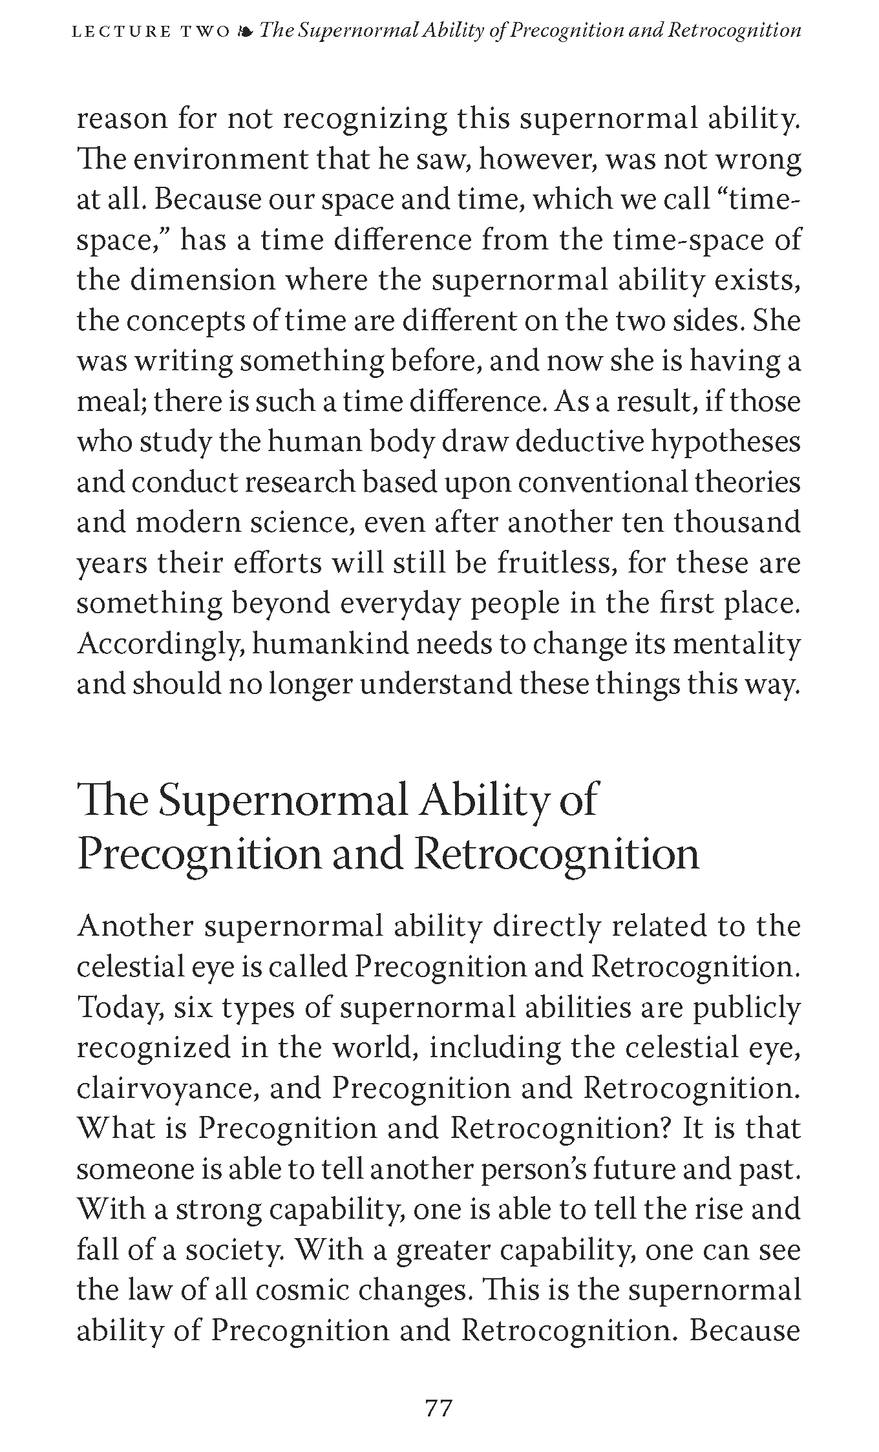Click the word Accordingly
pos(160,645)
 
